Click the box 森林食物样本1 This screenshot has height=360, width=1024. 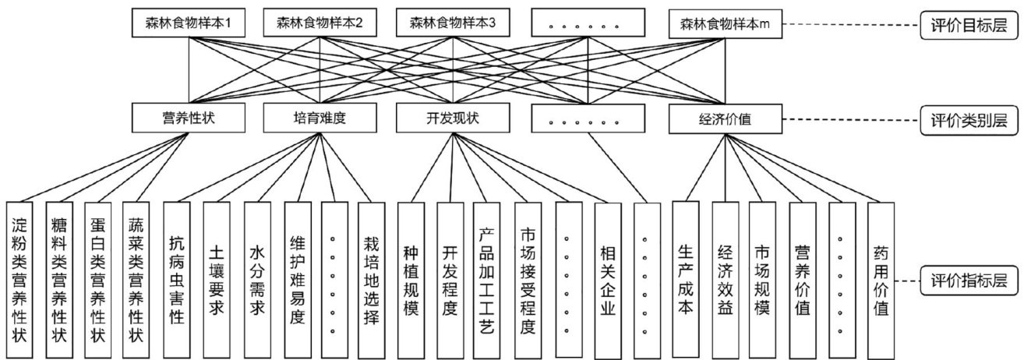coord(188,23)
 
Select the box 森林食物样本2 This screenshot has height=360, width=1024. coord(320,23)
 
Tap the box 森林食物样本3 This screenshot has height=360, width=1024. coord(453,23)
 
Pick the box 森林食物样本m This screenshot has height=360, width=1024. coord(725,23)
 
